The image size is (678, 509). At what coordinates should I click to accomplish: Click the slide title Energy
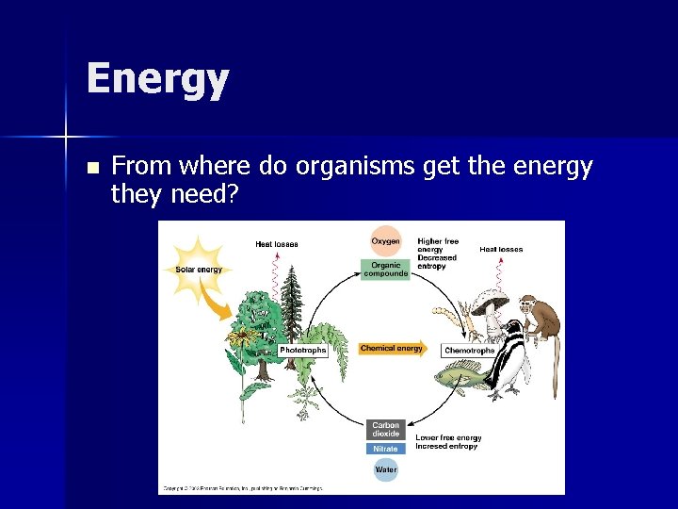157,79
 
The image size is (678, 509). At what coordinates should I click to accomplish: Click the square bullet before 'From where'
91,169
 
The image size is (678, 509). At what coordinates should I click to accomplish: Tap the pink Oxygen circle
384,242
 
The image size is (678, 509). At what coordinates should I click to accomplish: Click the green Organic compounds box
384,270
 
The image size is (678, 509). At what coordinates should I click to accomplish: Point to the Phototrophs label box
302,350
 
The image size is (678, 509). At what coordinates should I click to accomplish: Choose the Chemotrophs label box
469,351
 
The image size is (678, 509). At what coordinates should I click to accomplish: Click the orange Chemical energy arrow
393,349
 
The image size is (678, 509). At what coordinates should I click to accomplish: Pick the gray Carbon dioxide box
385,430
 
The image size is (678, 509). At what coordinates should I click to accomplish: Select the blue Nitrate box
385,449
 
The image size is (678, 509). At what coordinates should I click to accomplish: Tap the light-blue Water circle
385,468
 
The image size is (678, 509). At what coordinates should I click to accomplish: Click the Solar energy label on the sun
199,270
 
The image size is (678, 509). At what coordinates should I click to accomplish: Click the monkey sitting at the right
541,316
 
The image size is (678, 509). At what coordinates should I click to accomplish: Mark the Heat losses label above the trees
276,244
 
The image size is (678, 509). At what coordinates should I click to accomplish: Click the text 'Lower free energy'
448,438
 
